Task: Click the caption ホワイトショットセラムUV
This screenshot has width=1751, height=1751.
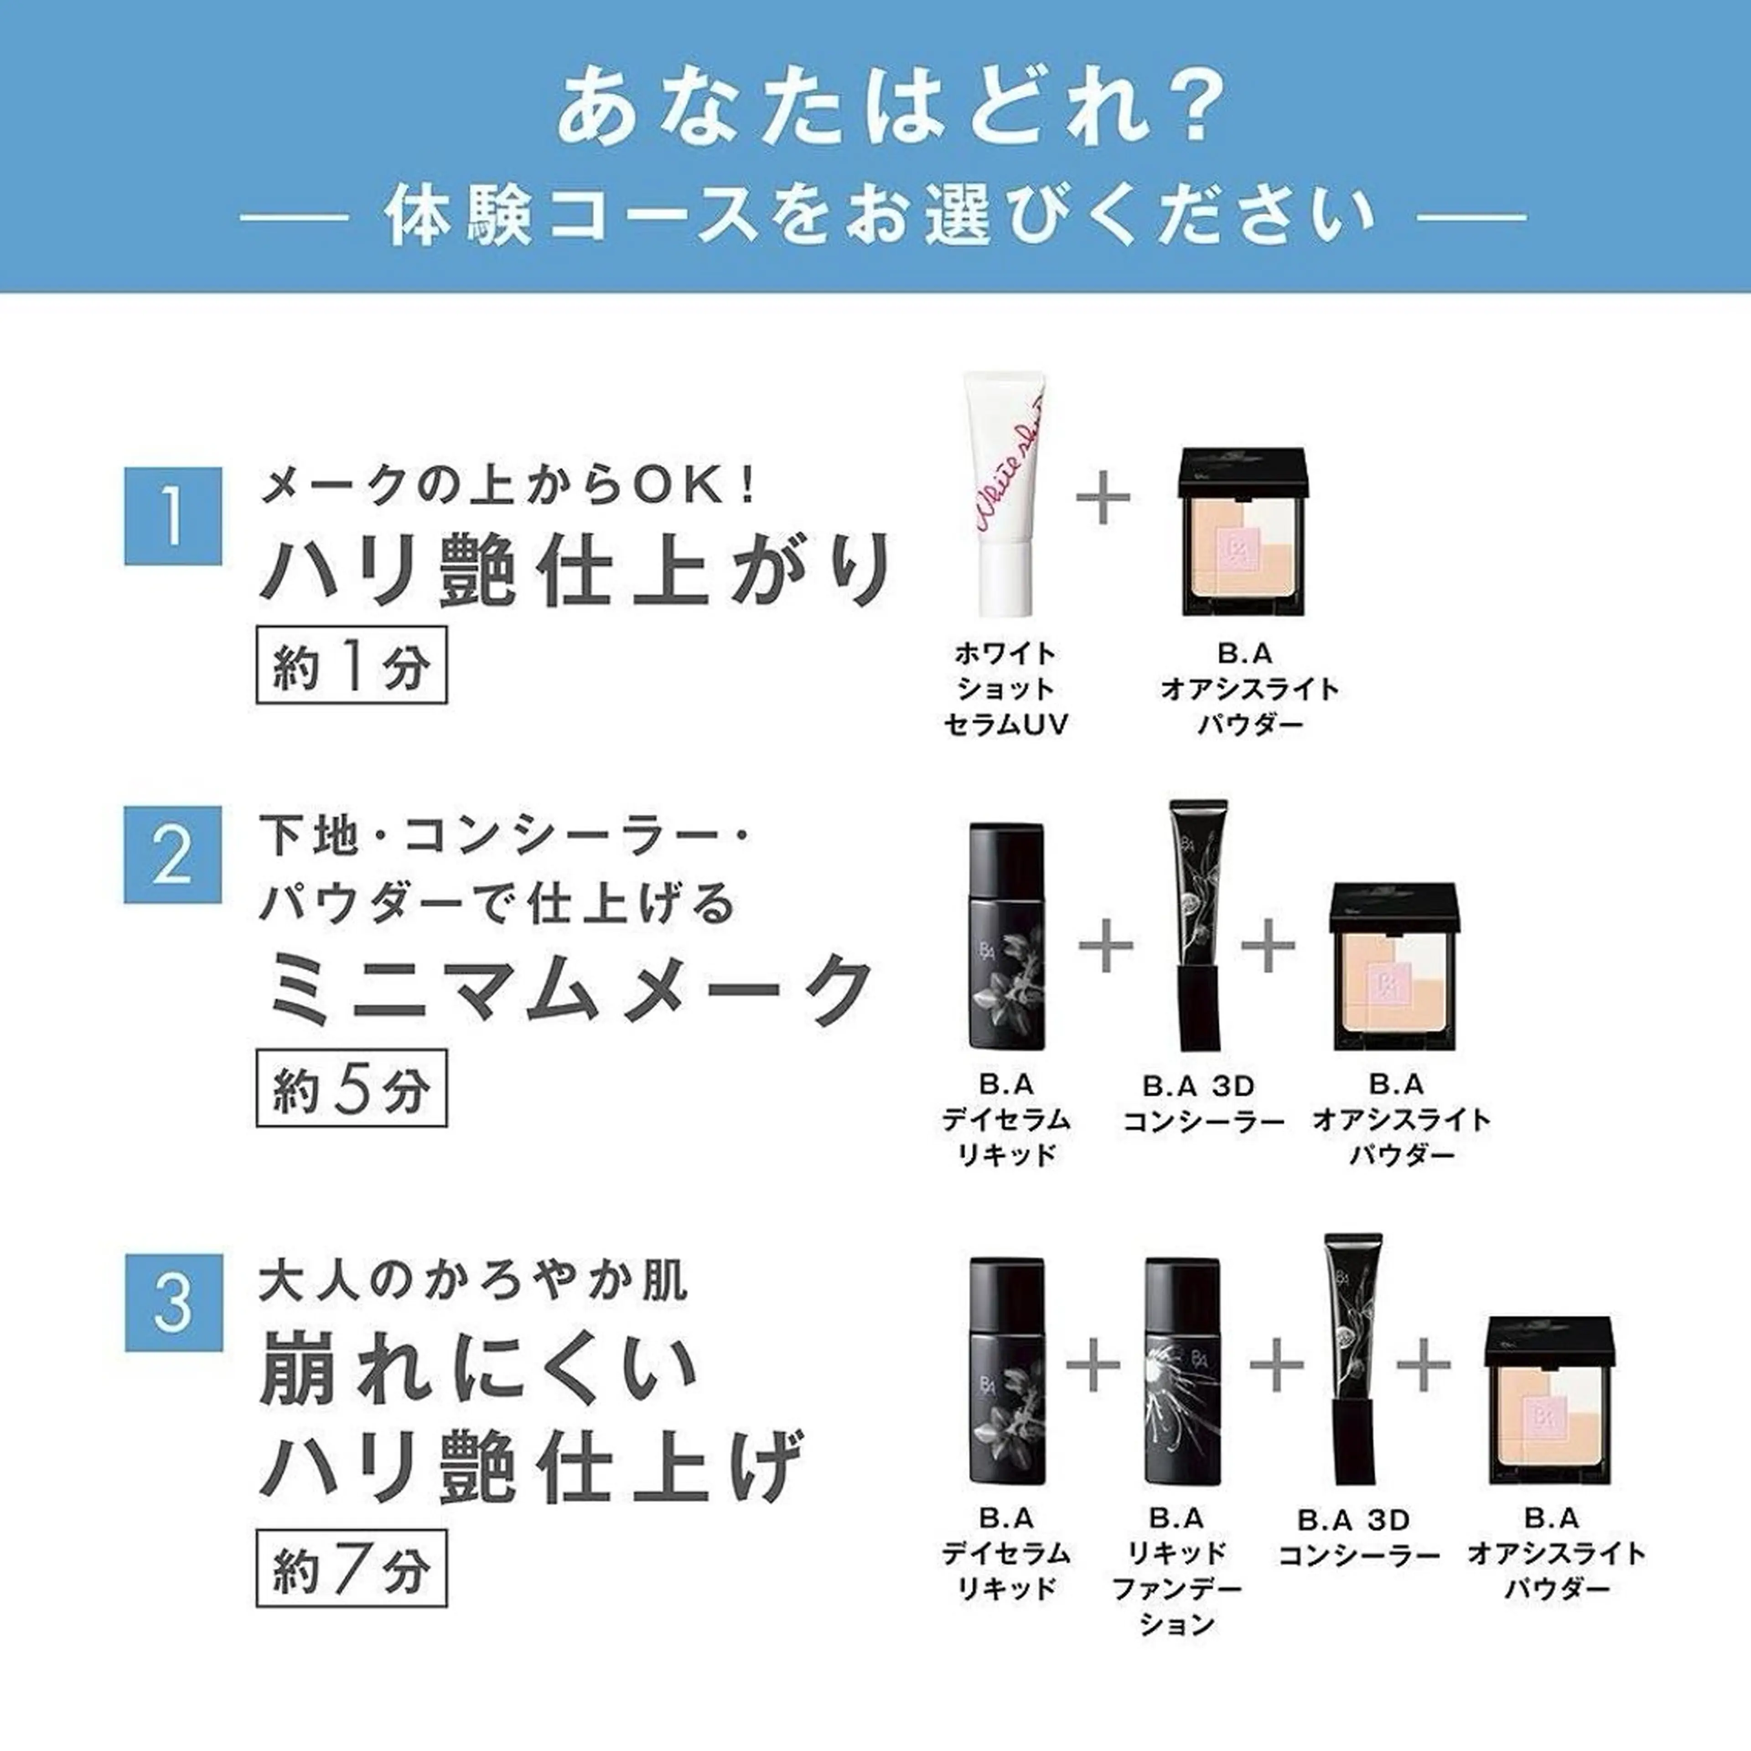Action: [x=1005, y=689]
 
